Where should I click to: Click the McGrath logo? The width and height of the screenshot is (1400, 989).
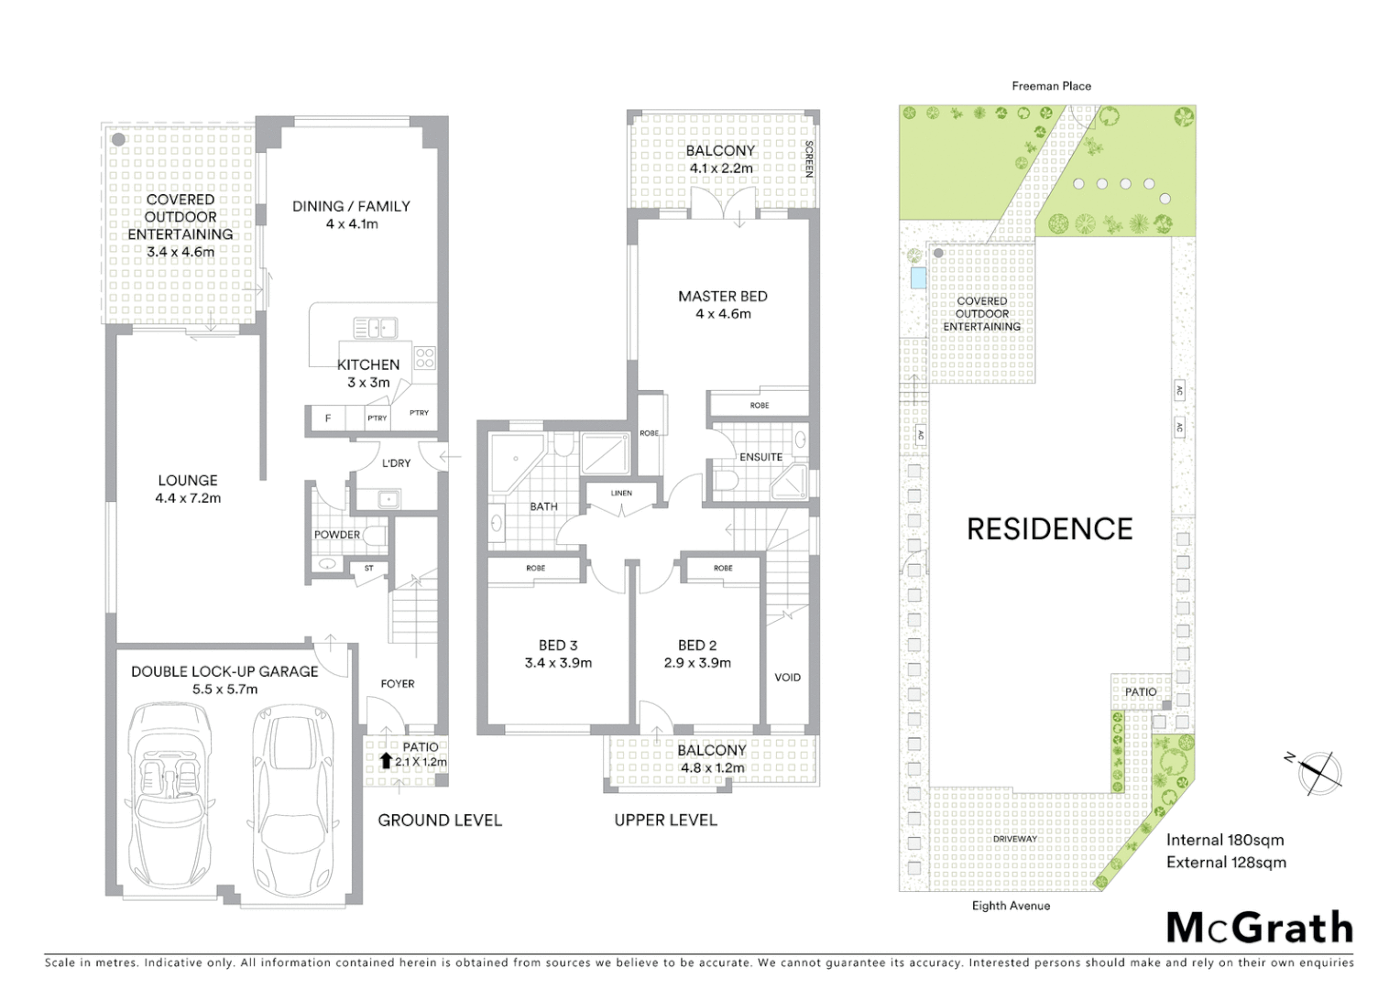1260,928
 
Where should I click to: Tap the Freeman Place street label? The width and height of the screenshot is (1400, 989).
1051,86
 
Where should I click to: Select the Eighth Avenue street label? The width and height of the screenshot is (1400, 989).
1011,906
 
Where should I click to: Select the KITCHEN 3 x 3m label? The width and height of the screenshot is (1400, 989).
368,373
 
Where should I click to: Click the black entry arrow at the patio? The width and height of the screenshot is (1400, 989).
386,761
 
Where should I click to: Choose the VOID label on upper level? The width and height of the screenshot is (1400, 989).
787,678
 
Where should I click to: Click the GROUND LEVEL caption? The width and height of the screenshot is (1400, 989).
440,821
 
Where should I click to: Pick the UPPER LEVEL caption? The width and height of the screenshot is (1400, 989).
665,821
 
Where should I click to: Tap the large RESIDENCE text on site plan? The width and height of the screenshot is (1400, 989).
1050,529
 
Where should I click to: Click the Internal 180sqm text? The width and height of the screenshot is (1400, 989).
1224,840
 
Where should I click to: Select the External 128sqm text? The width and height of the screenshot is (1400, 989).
1226,863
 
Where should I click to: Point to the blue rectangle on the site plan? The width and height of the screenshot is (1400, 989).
917,278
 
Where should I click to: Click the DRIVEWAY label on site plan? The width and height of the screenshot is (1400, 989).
1015,839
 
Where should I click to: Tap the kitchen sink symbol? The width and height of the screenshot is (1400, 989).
375,327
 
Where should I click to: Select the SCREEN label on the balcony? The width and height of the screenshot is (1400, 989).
808,158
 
